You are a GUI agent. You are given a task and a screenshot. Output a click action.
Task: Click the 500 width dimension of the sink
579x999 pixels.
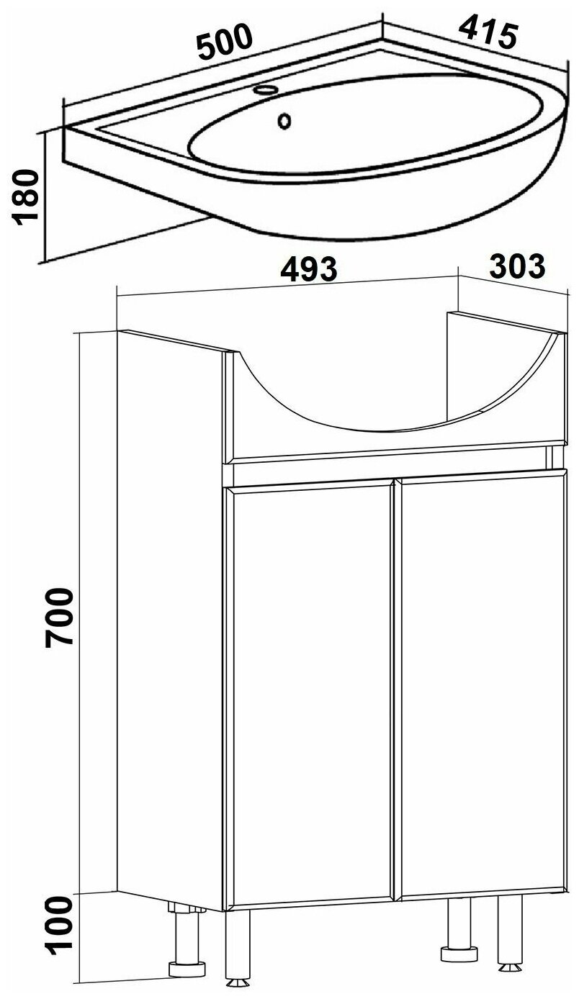point(226,42)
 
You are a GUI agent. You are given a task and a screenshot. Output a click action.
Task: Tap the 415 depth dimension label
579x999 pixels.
point(488,31)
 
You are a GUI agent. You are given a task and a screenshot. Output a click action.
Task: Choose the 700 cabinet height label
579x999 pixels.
point(58,617)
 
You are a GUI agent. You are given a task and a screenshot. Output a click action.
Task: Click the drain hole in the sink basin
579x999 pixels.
point(284,120)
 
